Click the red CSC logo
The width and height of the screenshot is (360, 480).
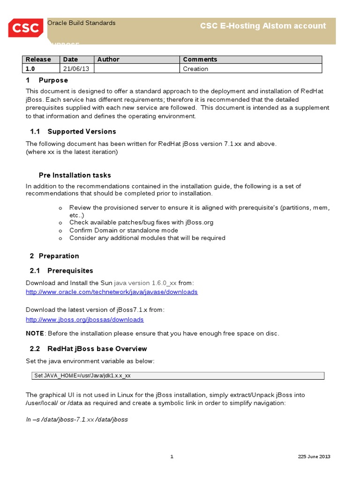[25, 28]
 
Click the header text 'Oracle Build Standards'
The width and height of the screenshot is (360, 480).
[82, 23]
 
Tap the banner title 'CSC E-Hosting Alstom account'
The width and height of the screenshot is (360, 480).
[262, 26]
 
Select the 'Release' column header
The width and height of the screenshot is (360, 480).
[38, 60]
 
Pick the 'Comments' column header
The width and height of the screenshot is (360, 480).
[200, 60]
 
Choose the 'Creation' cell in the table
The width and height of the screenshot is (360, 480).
[195, 69]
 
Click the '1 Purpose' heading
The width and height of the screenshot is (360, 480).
[46, 80]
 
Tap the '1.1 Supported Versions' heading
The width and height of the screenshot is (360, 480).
[73, 131]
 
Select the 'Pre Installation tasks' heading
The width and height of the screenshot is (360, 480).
[75, 175]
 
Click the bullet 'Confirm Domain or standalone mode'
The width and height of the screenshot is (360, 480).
[124, 230]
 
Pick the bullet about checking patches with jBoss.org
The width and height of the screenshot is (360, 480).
[141, 223]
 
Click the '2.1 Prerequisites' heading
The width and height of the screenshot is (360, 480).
[61, 270]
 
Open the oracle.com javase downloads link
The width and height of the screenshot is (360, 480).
[112, 292]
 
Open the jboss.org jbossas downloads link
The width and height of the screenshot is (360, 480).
[84, 320]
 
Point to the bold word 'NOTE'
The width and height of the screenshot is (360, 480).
[35, 333]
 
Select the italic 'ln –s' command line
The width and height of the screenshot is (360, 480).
[77, 420]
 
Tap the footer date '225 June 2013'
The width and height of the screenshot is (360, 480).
[314, 457]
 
